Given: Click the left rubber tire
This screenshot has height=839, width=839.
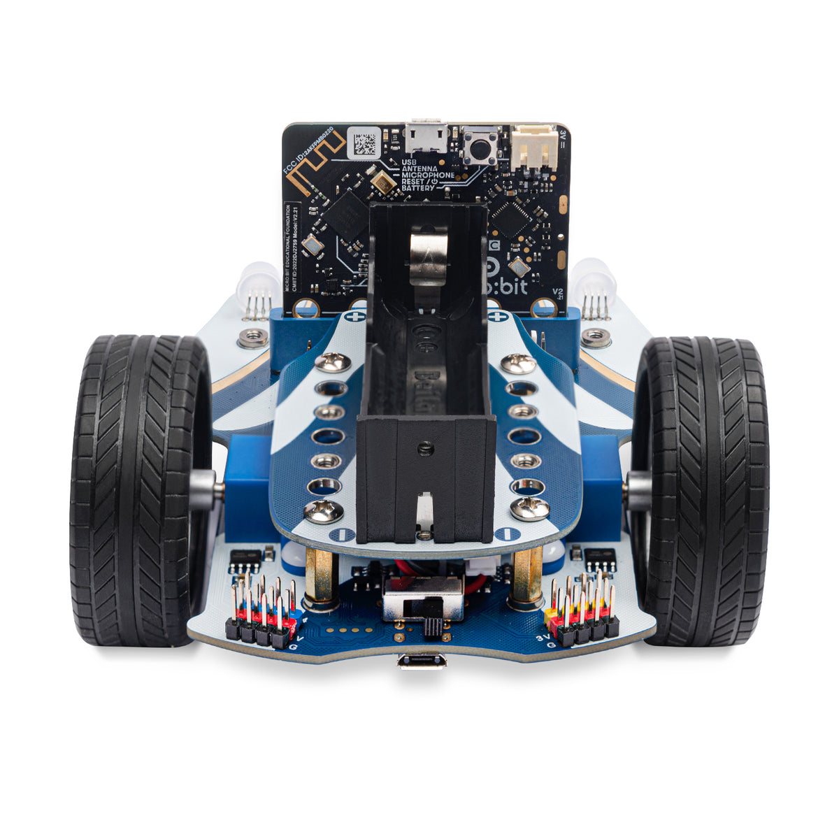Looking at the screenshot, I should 140,489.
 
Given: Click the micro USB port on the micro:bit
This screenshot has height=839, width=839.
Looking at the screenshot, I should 426,136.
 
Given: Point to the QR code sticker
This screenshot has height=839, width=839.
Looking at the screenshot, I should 365,142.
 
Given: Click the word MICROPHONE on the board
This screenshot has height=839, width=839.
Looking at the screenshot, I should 428,175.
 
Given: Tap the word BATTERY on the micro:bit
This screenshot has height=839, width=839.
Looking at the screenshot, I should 418,188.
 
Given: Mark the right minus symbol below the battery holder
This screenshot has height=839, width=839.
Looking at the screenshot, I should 503,533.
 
